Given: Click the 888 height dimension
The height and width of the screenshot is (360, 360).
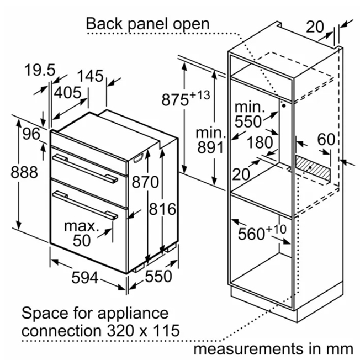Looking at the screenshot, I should click(x=24, y=172).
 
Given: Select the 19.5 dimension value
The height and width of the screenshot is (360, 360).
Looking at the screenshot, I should click(x=40, y=70).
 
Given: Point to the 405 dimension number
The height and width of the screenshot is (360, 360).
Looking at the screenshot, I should click(x=68, y=92).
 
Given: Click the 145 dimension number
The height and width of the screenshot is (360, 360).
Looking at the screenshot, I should click(x=90, y=76).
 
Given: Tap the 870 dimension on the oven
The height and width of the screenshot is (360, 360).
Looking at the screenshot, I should click(x=145, y=182).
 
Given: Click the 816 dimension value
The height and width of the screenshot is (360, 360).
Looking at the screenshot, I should click(x=163, y=209).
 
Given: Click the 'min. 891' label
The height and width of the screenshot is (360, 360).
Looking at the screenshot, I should click(x=210, y=140).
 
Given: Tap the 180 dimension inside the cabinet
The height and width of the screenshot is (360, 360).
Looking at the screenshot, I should click(x=260, y=142).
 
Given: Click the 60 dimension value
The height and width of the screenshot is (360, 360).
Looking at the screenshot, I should click(x=326, y=139).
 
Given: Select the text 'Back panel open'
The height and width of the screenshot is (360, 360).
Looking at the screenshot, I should click(x=147, y=24).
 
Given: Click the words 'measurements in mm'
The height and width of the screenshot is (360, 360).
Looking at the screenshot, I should click(x=273, y=349).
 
